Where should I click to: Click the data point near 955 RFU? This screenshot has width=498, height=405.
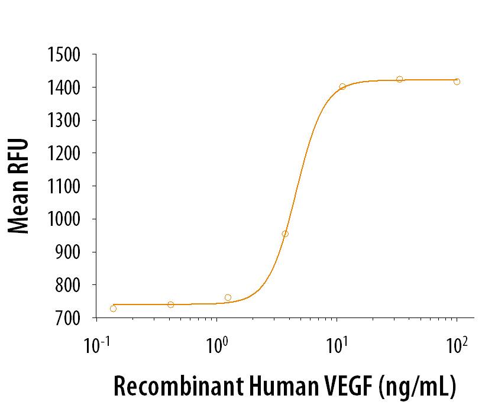point(285,234)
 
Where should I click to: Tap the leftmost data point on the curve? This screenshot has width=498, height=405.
point(113,308)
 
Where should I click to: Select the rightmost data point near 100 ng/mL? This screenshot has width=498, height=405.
point(457,82)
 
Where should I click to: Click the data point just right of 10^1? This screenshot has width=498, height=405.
point(342,86)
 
